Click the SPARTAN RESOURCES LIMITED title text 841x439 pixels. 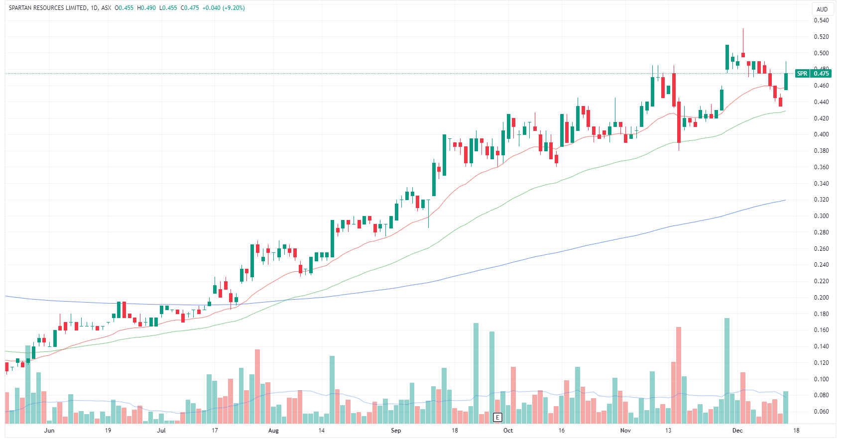(x=47, y=8)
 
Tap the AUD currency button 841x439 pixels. (x=822, y=9)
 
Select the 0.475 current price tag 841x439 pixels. (x=821, y=74)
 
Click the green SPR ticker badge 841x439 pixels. (x=802, y=74)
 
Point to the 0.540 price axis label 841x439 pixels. (x=821, y=20)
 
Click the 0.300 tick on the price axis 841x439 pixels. (x=821, y=216)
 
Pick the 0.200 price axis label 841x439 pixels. (x=821, y=298)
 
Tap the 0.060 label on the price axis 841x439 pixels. (x=821, y=412)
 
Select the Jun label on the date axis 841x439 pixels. (x=49, y=431)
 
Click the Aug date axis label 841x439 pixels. (x=273, y=431)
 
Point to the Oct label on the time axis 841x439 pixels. (x=508, y=431)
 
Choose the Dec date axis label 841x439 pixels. (x=737, y=431)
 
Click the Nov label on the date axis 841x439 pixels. (x=625, y=431)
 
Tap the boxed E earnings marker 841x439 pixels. (x=497, y=417)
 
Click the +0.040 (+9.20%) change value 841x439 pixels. (x=223, y=8)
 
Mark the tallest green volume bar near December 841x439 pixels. (x=727, y=370)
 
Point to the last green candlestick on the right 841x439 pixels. (x=786, y=81)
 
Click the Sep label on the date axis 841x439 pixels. (x=396, y=431)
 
